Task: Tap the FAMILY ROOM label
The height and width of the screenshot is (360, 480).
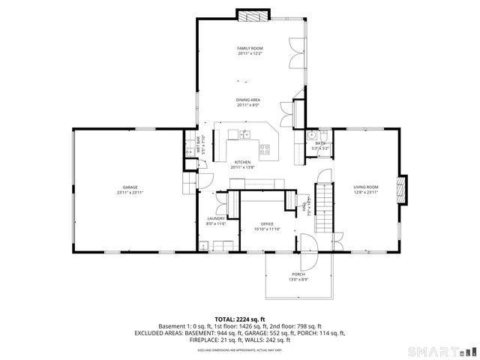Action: coord(250,48)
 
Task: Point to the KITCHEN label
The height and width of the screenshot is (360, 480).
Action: coord(242,162)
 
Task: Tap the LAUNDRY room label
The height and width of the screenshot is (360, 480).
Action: coord(216,218)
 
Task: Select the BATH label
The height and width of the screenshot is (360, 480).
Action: coord(320,143)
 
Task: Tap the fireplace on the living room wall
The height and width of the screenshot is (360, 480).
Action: coord(403,190)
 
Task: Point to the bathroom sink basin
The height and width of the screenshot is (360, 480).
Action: coord(312,135)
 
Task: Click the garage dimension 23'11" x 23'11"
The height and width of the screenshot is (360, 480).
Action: coord(130,193)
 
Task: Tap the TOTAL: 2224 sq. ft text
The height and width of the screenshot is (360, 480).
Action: coord(240,319)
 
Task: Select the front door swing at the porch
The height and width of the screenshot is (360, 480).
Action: coord(307,243)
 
